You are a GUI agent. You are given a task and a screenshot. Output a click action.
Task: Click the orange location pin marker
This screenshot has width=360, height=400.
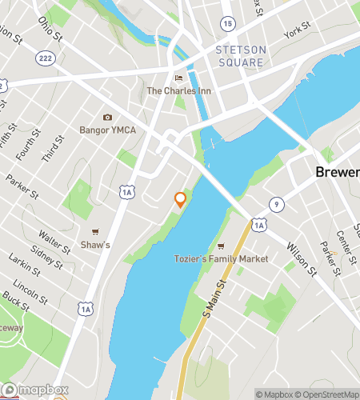(181, 199)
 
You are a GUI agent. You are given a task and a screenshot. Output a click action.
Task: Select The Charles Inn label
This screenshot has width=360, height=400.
(179, 90)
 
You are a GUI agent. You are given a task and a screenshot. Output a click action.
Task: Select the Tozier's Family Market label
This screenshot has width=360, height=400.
(220, 259)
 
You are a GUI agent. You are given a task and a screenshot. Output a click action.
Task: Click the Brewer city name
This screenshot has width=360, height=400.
(336, 173)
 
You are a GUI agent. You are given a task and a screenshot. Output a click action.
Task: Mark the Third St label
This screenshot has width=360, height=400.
(50, 149)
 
